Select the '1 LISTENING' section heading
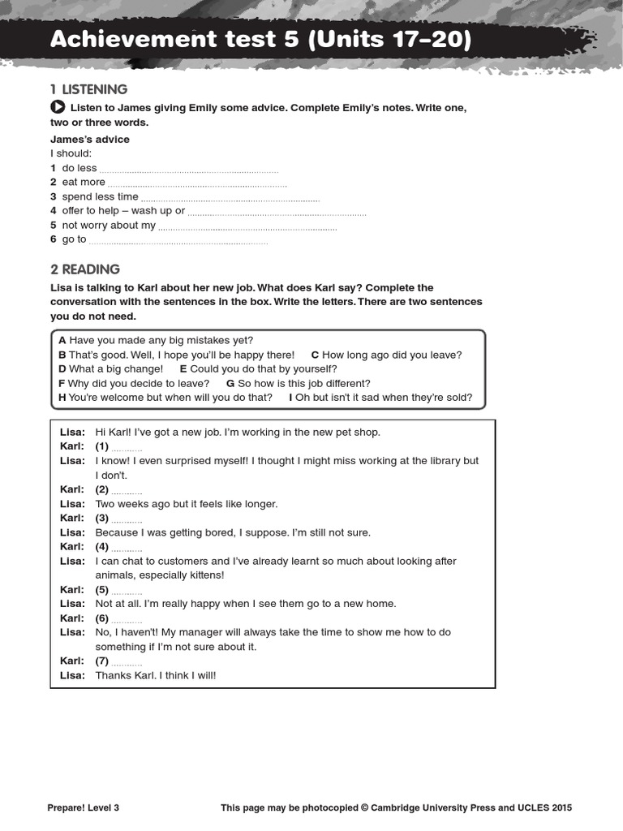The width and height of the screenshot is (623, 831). click(88, 89)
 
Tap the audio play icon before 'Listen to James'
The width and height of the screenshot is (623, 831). click(58, 107)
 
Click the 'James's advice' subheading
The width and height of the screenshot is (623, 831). click(89, 139)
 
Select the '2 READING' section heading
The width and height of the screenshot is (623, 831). click(85, 269)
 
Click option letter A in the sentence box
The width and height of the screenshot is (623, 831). click(62, 340)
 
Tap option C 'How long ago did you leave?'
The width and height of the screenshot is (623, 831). click(386, 355)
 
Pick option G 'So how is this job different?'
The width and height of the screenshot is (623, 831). click(298, 383)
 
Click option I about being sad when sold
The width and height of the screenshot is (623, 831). click(380, 398)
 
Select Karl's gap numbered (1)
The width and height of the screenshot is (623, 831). click(127, 447)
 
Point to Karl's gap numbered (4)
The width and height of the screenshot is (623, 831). click(127, 548)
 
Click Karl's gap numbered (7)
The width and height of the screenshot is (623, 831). click(127, 662)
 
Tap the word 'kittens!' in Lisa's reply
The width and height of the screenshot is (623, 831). click(204, 575)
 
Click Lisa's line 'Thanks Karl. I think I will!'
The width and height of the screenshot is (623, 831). click(156, 675)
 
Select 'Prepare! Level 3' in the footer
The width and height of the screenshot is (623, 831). click(84, 807)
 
